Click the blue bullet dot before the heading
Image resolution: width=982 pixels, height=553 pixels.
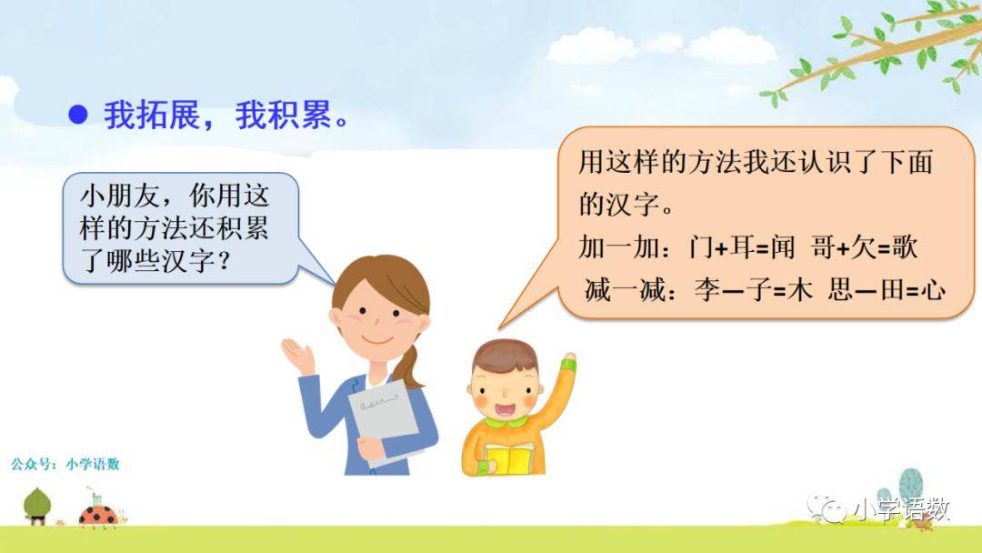coord(77,115)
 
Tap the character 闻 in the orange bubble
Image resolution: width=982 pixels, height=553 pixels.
coord(783,247)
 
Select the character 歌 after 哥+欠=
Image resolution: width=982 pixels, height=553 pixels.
coord(905,247)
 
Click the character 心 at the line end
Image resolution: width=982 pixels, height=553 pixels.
coord(932,290)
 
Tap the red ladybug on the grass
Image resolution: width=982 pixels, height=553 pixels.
coord(99,516)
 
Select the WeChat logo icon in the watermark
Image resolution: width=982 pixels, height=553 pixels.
coord(826,508)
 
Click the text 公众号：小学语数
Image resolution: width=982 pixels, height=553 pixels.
coord(65,464)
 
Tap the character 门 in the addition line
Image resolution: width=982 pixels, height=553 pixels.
coord(701,247)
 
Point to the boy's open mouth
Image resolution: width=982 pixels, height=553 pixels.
coord(505,409)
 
